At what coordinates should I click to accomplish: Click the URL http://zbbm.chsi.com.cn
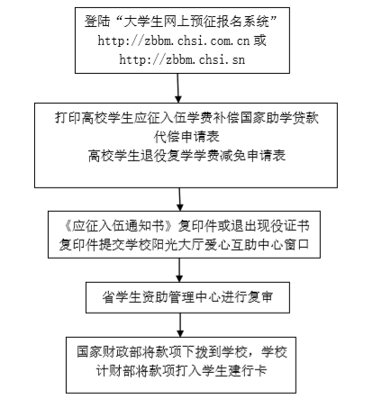click(174, 41)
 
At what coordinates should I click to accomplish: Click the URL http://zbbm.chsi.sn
click(182, 59)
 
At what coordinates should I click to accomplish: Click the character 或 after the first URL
click(259, 41)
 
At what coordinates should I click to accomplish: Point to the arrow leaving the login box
click(178, 88)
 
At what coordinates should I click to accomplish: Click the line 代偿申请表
click(186, 137)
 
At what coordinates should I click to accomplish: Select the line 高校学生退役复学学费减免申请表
click(186, 156)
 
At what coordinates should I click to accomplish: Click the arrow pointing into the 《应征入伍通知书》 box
click(179, 199)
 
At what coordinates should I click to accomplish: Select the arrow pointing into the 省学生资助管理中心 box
click(179, 270)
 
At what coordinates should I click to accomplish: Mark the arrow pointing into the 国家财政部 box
click(180, 325)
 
